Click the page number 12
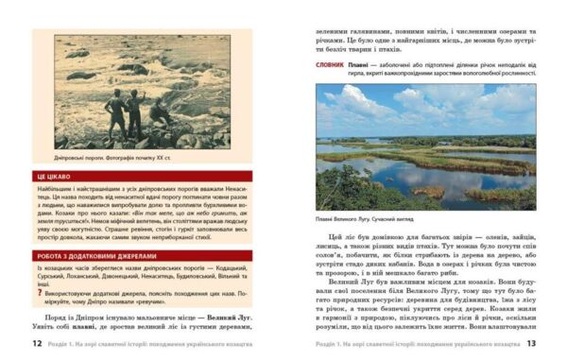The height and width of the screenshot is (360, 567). (x=37, y=343)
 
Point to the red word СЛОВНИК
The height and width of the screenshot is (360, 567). (x=331, y=64)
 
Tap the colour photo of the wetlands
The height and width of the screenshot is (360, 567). (x=424, y=146)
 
